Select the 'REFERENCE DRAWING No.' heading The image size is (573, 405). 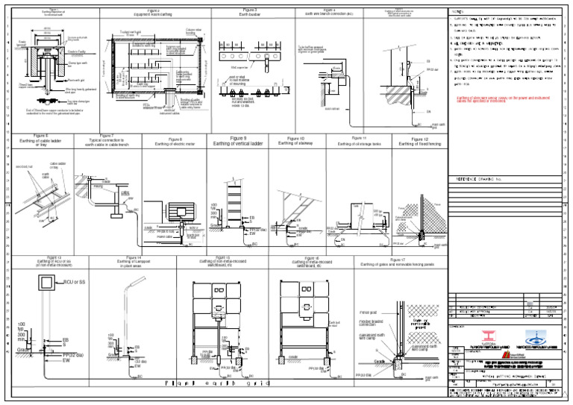click(x=484, y=180)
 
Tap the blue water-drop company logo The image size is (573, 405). click(x=535, y=338)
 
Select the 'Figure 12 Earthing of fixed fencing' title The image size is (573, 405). click(x=422, y=140)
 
